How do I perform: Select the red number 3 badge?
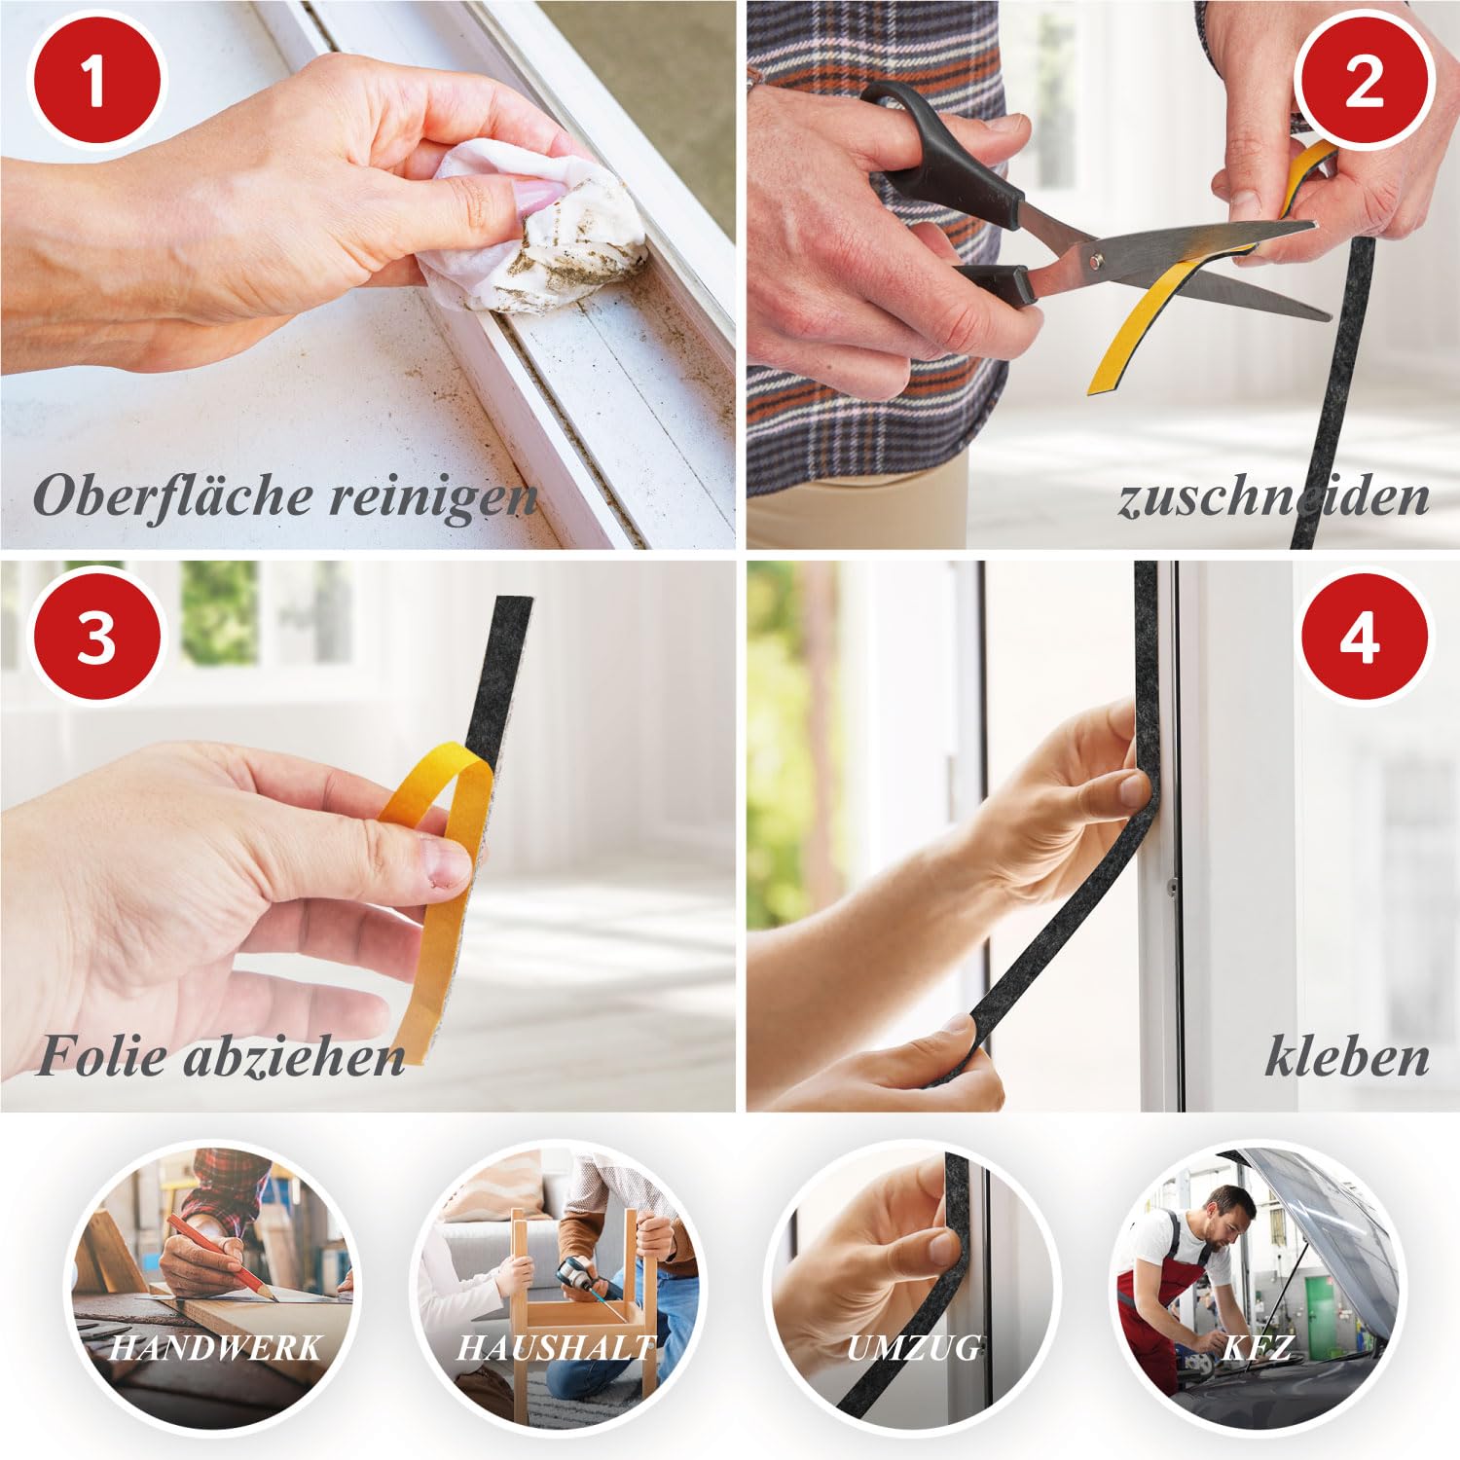point(95,639)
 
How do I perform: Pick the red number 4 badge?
point(1364,639)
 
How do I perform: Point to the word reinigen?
point(432,497)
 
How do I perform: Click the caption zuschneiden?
point(1273,496)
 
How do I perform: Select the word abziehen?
point(294,1056)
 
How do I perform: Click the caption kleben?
point(1347,1056)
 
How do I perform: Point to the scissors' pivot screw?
point(1099,260)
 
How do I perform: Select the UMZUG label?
point(913,1347)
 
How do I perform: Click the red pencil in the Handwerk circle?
point(218,1256)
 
